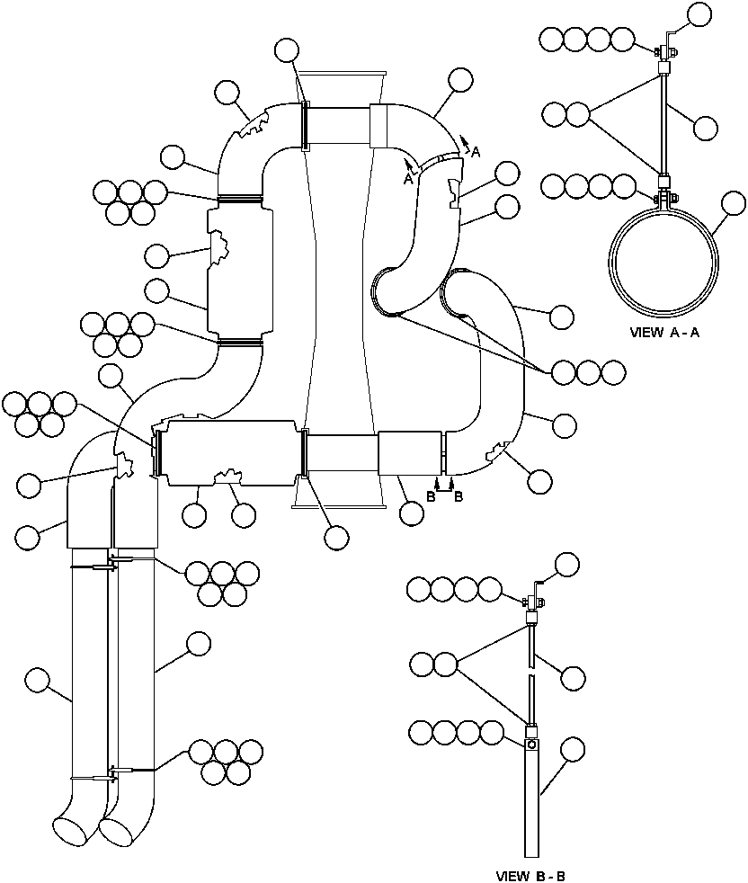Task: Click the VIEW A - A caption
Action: tap(665, 332)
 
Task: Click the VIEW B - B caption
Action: tap(530, 875)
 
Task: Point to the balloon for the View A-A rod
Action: tap(707, 127)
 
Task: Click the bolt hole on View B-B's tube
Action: tap(531, 745)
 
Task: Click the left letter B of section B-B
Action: tap(432, 495)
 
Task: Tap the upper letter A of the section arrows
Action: tap(476, 153)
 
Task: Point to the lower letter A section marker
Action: tap(407, 179)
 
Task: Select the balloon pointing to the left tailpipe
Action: tap(38, 679)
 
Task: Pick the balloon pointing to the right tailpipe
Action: tap(197, 644)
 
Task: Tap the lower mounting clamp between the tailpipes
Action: tap(113, 772)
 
